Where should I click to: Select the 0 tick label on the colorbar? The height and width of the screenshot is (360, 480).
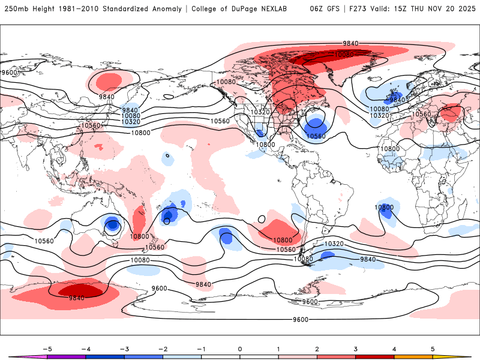click(239, 348)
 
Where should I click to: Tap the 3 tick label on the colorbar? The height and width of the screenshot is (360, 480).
click(355, 348)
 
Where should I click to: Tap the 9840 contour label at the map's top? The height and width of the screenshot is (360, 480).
click(350, 43)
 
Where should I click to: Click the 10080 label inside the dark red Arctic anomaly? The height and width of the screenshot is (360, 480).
click(344, 55)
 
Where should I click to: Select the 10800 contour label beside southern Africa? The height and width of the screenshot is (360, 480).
click(384, 208)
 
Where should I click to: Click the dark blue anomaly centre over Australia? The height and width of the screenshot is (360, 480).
click(112, 226)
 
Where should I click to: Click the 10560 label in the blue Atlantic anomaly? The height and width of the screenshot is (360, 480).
click(316, 136)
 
